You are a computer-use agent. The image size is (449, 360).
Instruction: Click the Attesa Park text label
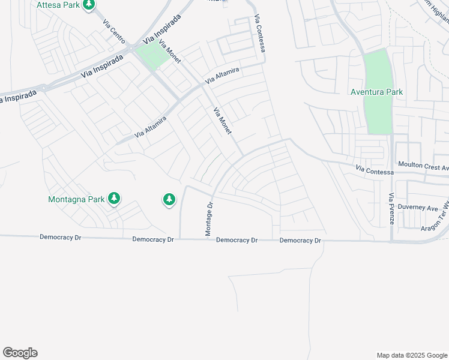pyautogui.click(x=58, y=5)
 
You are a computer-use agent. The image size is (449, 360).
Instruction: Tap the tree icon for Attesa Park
pyautogui.click(x=89, y=5)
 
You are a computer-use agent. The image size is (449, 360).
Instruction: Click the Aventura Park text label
pyautogui.click(x=377, y=92)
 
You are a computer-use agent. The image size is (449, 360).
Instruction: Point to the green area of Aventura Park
pyautogui.click(x=378, y=114)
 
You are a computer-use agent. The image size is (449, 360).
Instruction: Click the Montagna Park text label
pyautogui.click(x=76, y=199)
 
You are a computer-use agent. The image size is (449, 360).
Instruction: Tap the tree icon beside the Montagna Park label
pyautogui.click(x=113, y=199)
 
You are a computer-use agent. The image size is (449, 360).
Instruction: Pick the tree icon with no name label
pyautogui.click(x=169, y=199)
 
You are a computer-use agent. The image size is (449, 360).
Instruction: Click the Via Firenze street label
pyautogui.click(x=391, y=209)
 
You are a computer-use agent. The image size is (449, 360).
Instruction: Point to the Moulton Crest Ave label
pyautogui.click(x=423, y=164)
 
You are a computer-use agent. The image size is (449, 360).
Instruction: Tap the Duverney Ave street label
pyautogui.click(x=423, y=208)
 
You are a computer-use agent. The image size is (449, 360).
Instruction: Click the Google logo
pyautogui.click(x=20, y=353)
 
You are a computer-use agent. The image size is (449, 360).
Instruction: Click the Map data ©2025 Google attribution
pyautogui.click(x=412, y=355)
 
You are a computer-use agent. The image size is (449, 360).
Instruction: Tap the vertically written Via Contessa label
pyautogui.click(x=259, y=33)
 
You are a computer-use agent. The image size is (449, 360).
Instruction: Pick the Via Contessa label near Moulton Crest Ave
pyautogui.click(x=374, y=171)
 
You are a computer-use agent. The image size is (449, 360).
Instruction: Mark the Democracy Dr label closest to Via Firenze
pyautogui.click(x=300, y=241)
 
